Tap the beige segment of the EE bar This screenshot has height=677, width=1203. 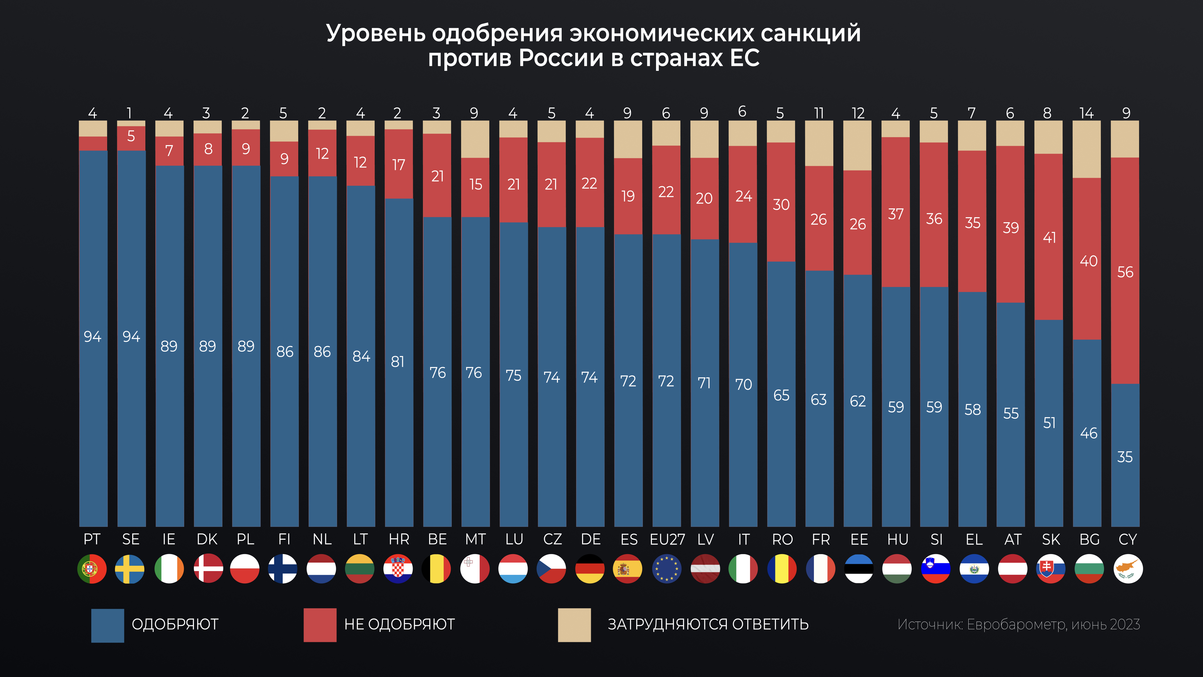pos(857,145)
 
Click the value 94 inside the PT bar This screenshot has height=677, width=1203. pos(92,336)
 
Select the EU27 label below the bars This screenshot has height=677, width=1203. pos(667,540)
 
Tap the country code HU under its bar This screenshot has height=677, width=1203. pos(897,540)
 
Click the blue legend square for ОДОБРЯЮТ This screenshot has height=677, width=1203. pos(107,625)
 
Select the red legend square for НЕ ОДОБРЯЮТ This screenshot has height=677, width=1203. pos(320,625)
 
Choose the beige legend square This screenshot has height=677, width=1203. pos(575,625)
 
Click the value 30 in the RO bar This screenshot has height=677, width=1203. pos(781,205)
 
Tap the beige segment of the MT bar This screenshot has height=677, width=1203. pos(475,139)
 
